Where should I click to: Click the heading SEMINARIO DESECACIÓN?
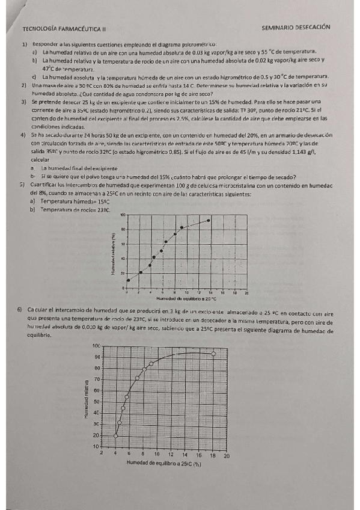[297, 28]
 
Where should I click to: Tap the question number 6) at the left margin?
[22, 310]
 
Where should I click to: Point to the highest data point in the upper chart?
[208, 220]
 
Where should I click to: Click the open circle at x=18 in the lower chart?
[213, 354]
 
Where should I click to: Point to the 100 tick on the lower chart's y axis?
[96, 346]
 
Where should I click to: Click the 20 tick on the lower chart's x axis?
[226, 456]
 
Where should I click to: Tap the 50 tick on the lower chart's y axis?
[96, 401]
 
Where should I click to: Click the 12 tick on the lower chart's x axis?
[171, 456]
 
